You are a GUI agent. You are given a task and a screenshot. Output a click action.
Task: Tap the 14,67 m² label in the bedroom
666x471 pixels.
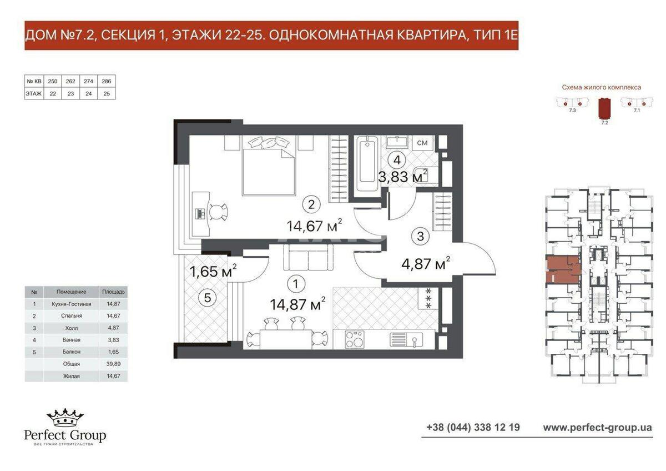pyautogui.click(x=314, y=226)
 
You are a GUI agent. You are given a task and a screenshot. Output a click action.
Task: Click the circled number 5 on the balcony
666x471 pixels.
pyautogui.click(x=208, y=298)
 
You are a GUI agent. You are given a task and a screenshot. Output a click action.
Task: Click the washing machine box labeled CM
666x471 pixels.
pyautogui.click(x=422, y=143)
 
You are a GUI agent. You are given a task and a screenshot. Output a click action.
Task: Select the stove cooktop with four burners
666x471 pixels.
pyautogui.click(x=355, y=339)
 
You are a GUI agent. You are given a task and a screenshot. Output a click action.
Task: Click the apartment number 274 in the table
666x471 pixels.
pyautogui.click(x=88, y=81)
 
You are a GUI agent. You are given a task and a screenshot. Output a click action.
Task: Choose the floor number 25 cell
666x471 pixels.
pyautogui.click(x=107, y=94)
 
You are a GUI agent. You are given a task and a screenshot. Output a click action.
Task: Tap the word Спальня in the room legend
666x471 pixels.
pyautogui.click(x=72, y=316)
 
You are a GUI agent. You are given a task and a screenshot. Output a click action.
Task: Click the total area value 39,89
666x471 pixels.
pyautogui.click(x=113, y=364)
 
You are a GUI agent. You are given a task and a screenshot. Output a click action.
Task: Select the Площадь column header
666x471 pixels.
pyautogui.click(x=113, y=292)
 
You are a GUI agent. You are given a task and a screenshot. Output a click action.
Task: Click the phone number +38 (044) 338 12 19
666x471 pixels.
pyautogui.click(x=473, y=428)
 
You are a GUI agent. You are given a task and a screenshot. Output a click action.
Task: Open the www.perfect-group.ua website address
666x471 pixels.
pyautogui.click(x=597, y=428)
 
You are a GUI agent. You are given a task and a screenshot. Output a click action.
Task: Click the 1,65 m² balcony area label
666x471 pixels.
pyautogui.click(x=213, y=272)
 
